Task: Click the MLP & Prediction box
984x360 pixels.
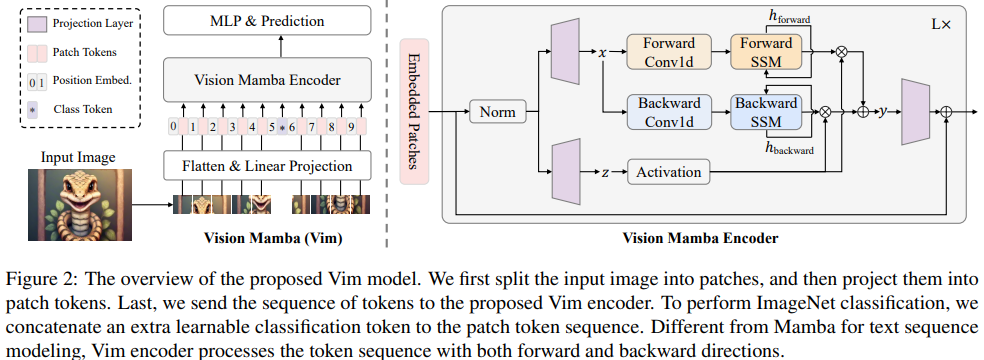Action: [x=267, y=21]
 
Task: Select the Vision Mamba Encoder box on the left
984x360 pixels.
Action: [x=267, y=80]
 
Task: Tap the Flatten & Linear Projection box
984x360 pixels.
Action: [x=267, y=166]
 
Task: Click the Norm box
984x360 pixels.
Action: [x=498, y=112]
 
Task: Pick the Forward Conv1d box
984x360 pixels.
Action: [x=669, y=52]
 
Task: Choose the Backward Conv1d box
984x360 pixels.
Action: [x=669, y=112]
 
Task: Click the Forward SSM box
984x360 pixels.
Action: [x=766, y=52]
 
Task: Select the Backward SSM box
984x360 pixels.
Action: [x=766, y=112]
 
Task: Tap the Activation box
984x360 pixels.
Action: [x=669, y=172]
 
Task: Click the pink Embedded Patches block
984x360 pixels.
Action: [x=414, y=112]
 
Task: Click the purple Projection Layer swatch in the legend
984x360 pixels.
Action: [x=38, y=25]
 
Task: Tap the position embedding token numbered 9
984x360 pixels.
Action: [x=351, y=128]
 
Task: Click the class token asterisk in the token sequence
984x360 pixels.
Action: [x=282, y=128]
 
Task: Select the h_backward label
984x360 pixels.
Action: [x=789, y=148]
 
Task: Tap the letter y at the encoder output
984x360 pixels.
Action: [x=883, y=112]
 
